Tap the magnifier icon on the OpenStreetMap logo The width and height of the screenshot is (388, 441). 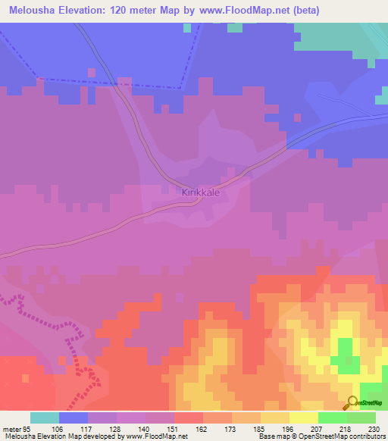(353, 402)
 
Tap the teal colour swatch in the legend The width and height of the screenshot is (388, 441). (45, 418)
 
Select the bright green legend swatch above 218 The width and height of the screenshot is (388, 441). (333, 418)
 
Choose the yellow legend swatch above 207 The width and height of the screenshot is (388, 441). (303, 418)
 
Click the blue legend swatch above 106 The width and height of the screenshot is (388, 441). (74, 418)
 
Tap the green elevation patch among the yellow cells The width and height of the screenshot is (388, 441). (346, 353)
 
